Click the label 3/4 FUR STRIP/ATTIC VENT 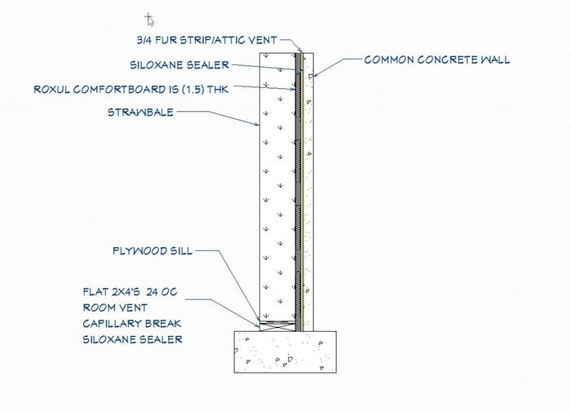[206, 39]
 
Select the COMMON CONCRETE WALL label [436, 60]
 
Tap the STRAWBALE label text [140, 113]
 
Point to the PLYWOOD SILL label [153, 251]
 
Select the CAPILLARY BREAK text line [132, 323]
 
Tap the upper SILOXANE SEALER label [179, 64]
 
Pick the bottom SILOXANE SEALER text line [132, 339]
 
